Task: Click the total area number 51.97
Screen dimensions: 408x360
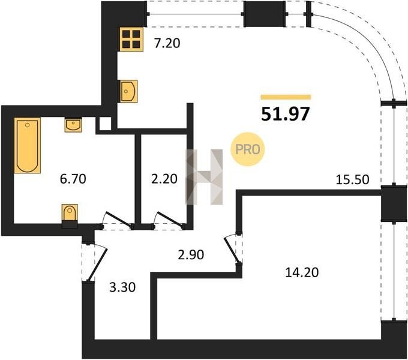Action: (286, 114)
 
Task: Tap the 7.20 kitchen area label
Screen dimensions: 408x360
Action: (167, 43)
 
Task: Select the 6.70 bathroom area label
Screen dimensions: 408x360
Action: (73, 179)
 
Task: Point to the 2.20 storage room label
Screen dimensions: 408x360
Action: (164, 179)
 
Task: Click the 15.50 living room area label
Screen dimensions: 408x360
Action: (352, 179)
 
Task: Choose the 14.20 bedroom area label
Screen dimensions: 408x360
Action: (302, 272)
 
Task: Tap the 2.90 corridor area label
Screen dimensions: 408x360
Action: (191, 254)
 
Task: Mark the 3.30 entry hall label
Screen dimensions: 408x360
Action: (122, 287)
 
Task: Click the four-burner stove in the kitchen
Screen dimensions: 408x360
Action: (131, 39)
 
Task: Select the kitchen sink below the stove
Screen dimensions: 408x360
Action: (128, 91)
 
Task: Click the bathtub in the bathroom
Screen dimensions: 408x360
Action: (28, 145)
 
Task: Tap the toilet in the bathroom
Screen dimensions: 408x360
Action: (70, 215)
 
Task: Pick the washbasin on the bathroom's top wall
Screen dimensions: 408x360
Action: (73, 125)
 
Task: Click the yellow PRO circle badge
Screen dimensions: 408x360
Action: (247, 149)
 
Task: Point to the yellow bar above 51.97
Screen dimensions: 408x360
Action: (286, 97)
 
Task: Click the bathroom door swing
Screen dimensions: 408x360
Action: (118, 219)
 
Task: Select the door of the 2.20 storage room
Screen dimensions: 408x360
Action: (169, 219)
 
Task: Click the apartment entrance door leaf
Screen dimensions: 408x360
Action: (97, 265)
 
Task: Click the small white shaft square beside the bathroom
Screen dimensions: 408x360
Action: (105, 124)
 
